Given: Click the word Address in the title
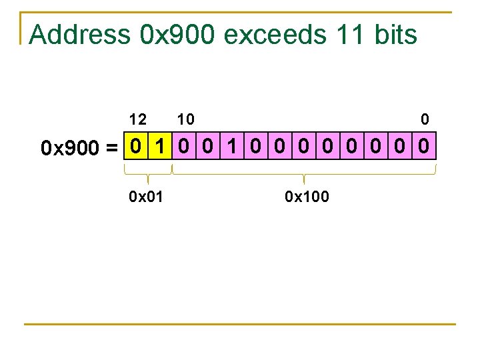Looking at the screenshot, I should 80,35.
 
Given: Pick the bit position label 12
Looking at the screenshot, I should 138,119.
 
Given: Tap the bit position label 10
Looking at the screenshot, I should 186,119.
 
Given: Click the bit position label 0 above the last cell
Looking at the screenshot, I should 425,119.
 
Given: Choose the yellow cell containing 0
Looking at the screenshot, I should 135,145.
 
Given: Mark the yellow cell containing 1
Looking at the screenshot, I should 159,145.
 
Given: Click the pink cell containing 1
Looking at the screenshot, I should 232,145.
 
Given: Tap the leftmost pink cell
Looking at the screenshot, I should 183,145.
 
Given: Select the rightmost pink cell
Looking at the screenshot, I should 425,145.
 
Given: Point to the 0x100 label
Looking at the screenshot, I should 307,197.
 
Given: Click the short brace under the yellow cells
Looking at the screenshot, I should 147,175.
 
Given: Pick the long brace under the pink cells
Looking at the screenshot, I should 304,175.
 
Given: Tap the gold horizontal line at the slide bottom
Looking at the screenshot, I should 240,325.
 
